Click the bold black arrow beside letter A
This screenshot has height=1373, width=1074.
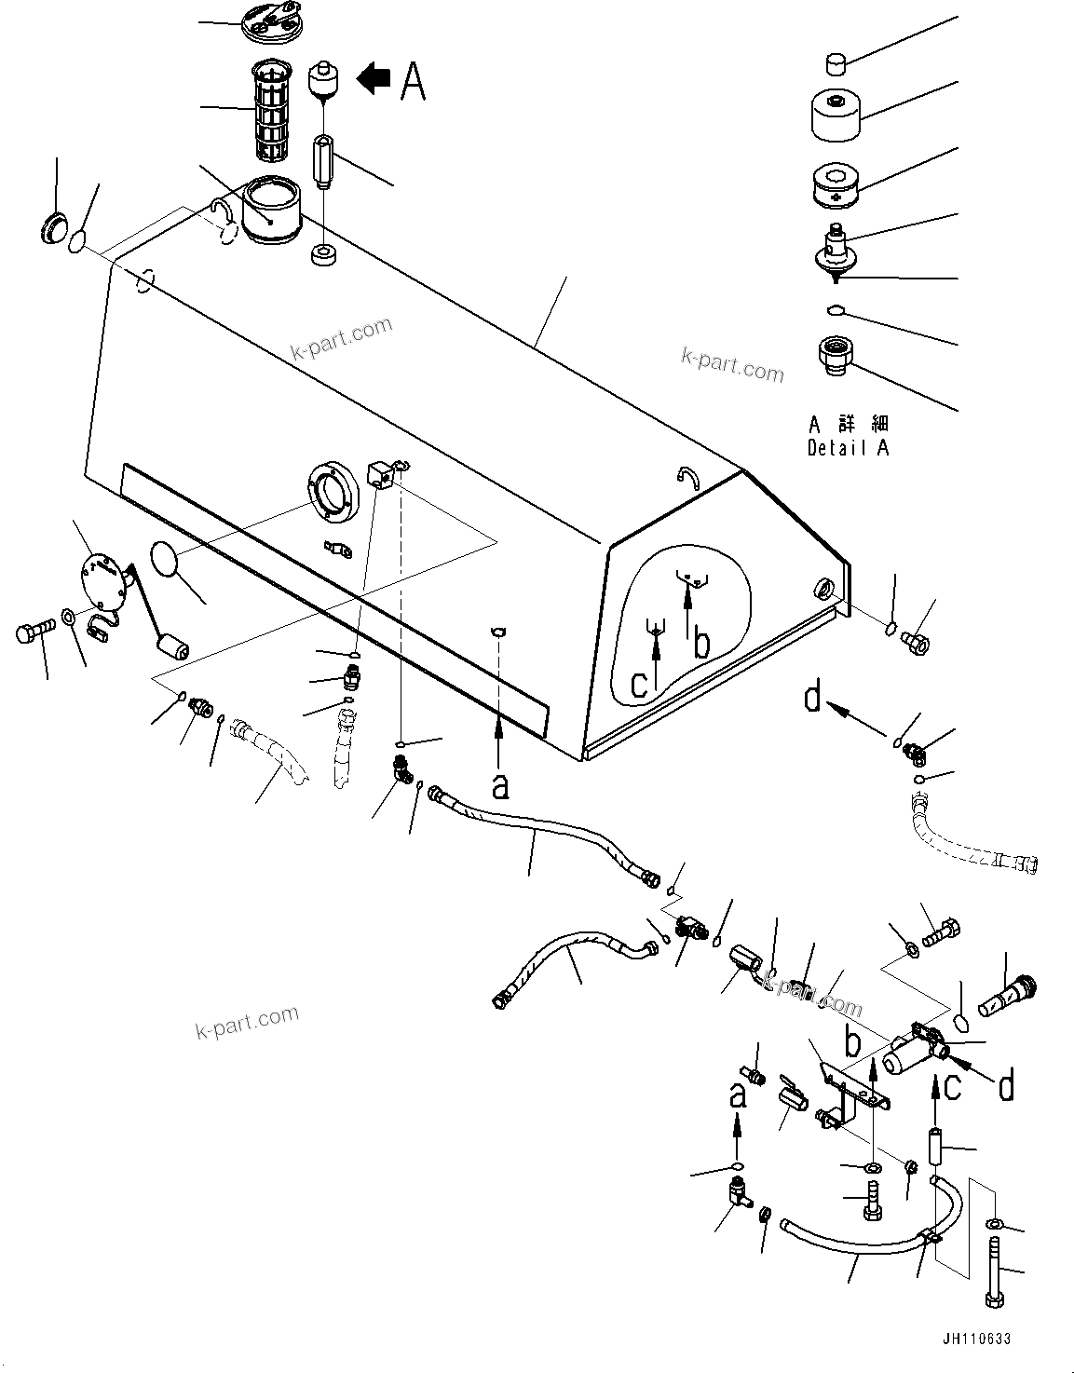(x=374, y=79)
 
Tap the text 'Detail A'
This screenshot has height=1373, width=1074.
(x=848, y=448)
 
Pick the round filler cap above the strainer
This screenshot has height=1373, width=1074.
(x=269, y=21)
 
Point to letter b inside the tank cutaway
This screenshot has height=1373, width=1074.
(x=700, y=644)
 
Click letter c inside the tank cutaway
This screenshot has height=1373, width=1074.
(x=639, y=684)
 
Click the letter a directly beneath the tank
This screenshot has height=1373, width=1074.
(x=500, y=787)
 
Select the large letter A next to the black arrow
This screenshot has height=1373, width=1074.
(x=413, y=80)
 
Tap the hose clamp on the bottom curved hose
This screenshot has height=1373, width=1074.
(x=928, y=1240)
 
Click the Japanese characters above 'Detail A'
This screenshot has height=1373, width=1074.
(x=848, y=424)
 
